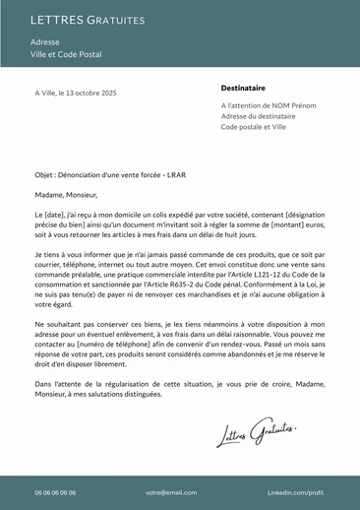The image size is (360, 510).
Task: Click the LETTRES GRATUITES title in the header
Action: pos(88,20)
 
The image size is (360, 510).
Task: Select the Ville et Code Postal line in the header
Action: pos(66,55)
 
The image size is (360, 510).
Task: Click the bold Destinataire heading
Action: pos(243,88)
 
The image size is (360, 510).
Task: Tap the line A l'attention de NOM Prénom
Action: pos(269,105)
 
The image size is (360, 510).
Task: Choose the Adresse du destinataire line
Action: pos(258,116)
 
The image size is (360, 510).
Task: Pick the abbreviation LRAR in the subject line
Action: pos(176,174)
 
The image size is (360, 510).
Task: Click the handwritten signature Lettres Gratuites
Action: pos(257,431)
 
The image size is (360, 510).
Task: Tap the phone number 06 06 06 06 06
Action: pos(55,492)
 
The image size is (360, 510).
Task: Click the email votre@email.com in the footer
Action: pos(171,492)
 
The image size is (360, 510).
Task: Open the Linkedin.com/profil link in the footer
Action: pos(295,492)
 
